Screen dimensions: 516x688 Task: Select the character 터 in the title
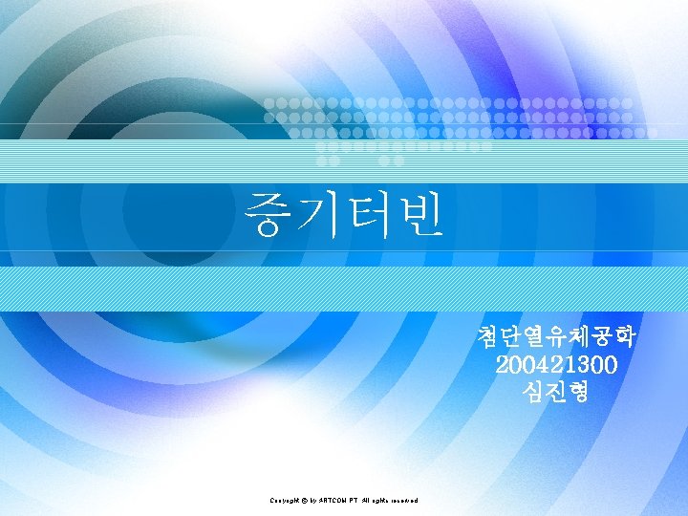pyautogui.click(x=369, y=216)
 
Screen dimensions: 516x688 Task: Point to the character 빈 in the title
pyautogui.click(x=419, y=216)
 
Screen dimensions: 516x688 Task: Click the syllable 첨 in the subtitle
pyautogui.click(x=487, y=338)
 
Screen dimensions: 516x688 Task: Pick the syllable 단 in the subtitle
pyautogui.click(x=512, y=338)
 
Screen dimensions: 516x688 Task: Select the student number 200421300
pyautogui.click(x=557, y=365)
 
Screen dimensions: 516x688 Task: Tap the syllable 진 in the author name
pyautogui.click(x=557, y=391)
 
